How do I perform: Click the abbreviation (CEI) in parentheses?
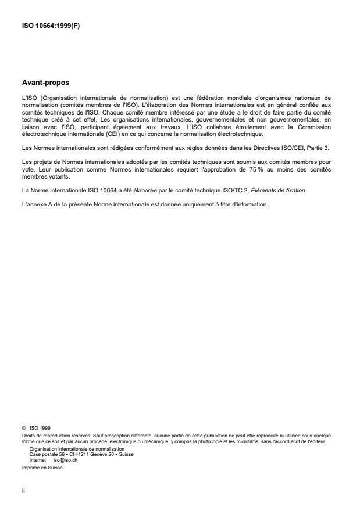click(x=124, y=134)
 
